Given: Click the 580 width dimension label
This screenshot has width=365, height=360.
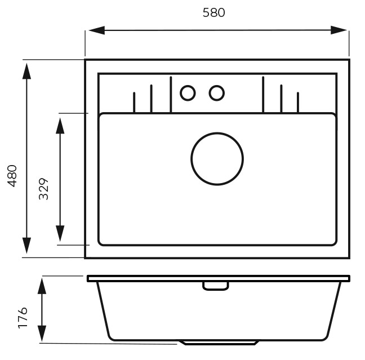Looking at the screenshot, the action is (x=213, y=12).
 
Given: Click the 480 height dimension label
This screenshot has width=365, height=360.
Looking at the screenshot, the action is (x=12, y=176).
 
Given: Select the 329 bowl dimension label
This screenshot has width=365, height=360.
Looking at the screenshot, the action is (x=43, y=189).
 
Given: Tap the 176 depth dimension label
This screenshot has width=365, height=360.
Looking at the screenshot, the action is (x=23, y=318).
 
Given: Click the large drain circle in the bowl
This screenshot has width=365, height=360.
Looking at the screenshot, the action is (x=217, y=133).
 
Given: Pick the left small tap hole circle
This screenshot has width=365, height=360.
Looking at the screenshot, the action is (x=188, y=86).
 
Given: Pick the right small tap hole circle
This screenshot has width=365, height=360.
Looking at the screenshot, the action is (x=217, y=86).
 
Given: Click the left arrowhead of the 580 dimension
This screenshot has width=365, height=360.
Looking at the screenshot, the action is (x=97, y=30).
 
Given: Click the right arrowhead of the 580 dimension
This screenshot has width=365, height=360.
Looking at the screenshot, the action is (x=339, y=30).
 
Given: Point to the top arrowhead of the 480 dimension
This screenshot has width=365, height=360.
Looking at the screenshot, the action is (x=27, y=71).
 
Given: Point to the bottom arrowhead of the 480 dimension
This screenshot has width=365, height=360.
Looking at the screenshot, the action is (x=27, y=246).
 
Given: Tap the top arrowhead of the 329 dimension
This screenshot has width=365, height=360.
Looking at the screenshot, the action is (x=60, y=126).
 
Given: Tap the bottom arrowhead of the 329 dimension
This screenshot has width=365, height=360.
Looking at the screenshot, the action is (x=60, y=234).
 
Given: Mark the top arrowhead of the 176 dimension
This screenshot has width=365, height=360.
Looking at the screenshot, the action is (x=42, y=286).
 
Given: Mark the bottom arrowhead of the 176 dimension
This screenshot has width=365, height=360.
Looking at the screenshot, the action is (x=42, y=334).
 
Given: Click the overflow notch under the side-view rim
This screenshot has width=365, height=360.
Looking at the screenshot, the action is (x=216, y=290).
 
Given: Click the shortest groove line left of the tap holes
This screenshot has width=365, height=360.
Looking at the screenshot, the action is (x=134, y=103).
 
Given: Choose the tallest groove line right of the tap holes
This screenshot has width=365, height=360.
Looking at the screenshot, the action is (x=263, y=95).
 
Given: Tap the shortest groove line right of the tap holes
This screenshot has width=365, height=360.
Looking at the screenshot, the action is (x=298, y=103).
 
